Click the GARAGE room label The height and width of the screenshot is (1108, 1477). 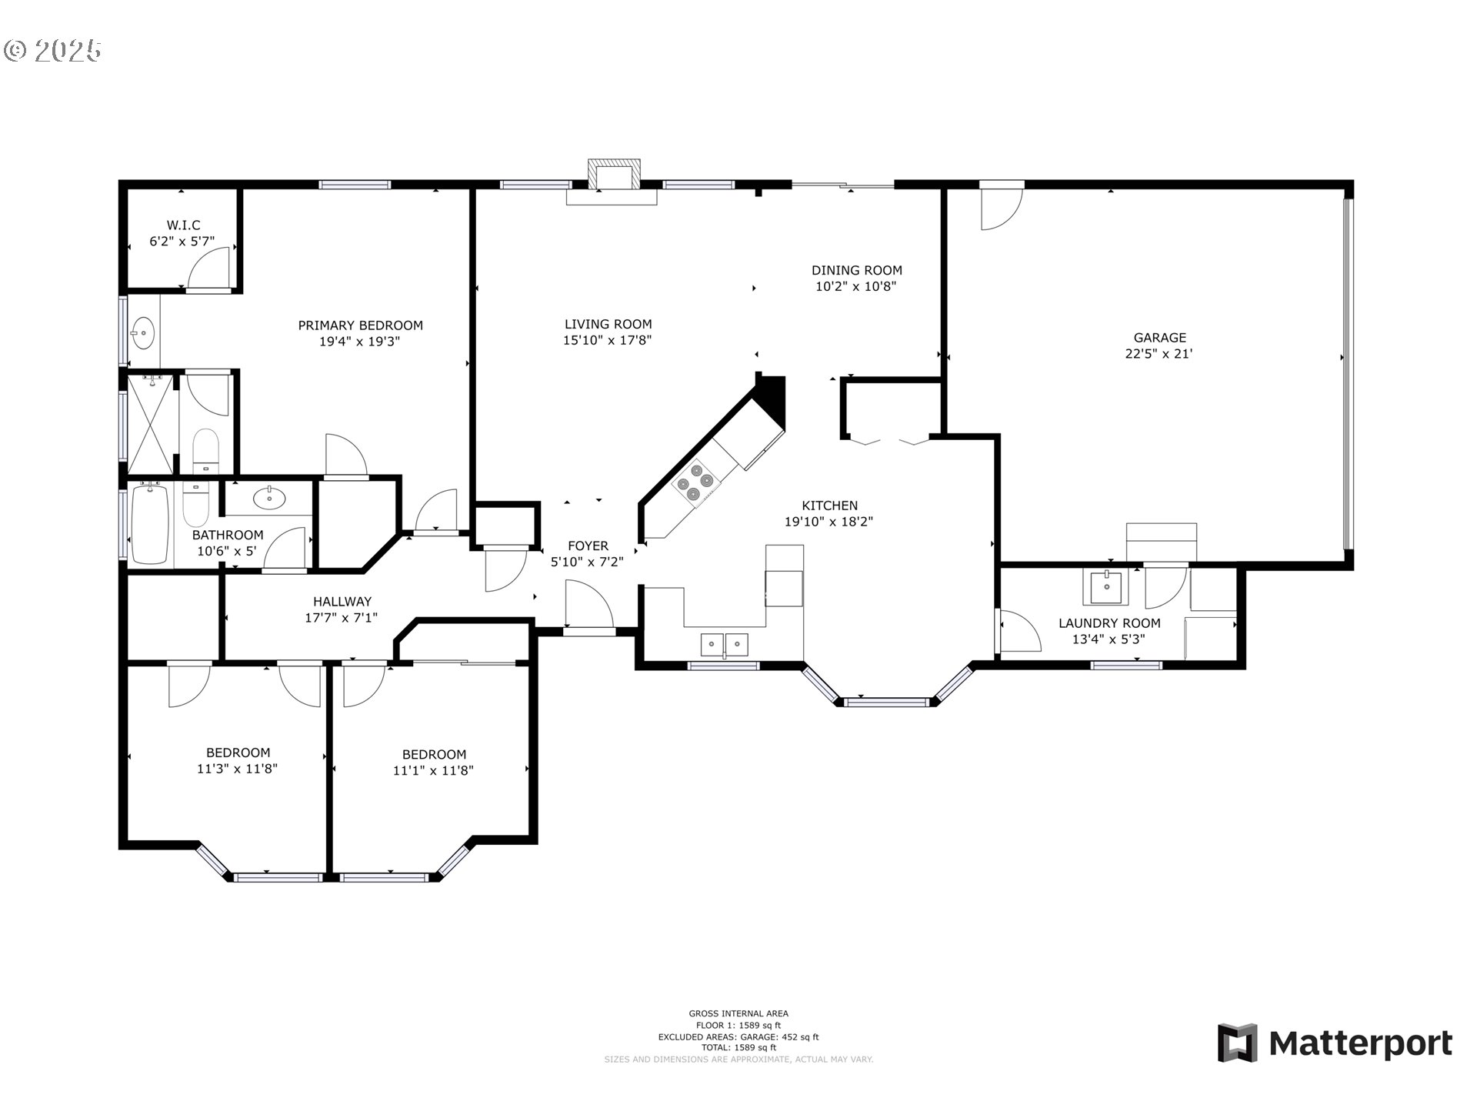pyautogui.click(x=1159, y=337)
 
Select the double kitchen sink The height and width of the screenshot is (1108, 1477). pyautogui.click(x=725, y=643)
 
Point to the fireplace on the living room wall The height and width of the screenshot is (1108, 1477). pyautogui.click(x=613, y=175)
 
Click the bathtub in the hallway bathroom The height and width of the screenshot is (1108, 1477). pyautogui.click(x=150, y=524)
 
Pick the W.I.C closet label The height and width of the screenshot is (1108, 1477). pyautogui.click(x=183, y=225)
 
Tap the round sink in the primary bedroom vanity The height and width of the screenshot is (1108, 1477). pyautogui.click(x=143, y=334)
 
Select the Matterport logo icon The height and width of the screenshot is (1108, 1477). pyautogui.click(x=1237, y=1043)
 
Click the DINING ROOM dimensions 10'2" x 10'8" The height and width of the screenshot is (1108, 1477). pyautogui.click(x=856, y=287)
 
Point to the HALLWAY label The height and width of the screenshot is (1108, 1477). pyautogui.click(x=342, y=602)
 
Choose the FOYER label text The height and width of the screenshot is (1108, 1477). pyautogui.click(x=588, y=546)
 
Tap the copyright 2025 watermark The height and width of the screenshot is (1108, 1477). pyautogui.click(x=52, y=51)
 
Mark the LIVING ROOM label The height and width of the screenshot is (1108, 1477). pyautogui.click(x=608, y=324)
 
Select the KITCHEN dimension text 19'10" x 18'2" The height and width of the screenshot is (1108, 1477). pyautogui.click(x=829, y=522)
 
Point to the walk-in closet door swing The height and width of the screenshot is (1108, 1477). pyautogui.click(x=208, y=269)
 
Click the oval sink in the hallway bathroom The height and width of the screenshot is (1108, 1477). pyautogui.click(x=269, y=498)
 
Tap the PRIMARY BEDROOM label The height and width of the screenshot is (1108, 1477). pyautogui.click(x=361, y=325)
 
